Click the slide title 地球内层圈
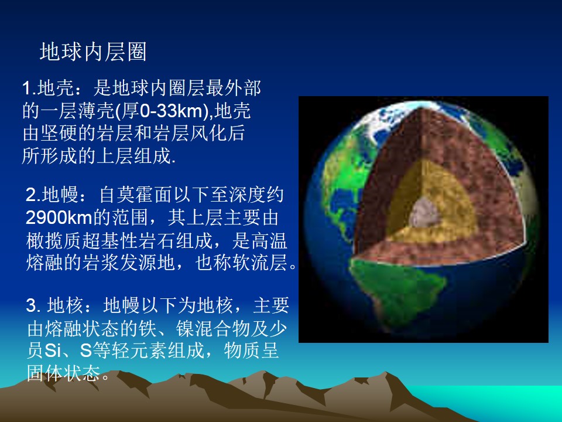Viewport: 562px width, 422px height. pos(93,52)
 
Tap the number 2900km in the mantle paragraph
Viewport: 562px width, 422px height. pos(59,217)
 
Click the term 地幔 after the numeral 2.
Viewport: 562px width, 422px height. pos(60,195)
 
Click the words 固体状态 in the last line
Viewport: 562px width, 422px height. pos(64,373)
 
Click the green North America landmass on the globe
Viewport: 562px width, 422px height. pos(342,179)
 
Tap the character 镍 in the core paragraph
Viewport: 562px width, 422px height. pos(185,328)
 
